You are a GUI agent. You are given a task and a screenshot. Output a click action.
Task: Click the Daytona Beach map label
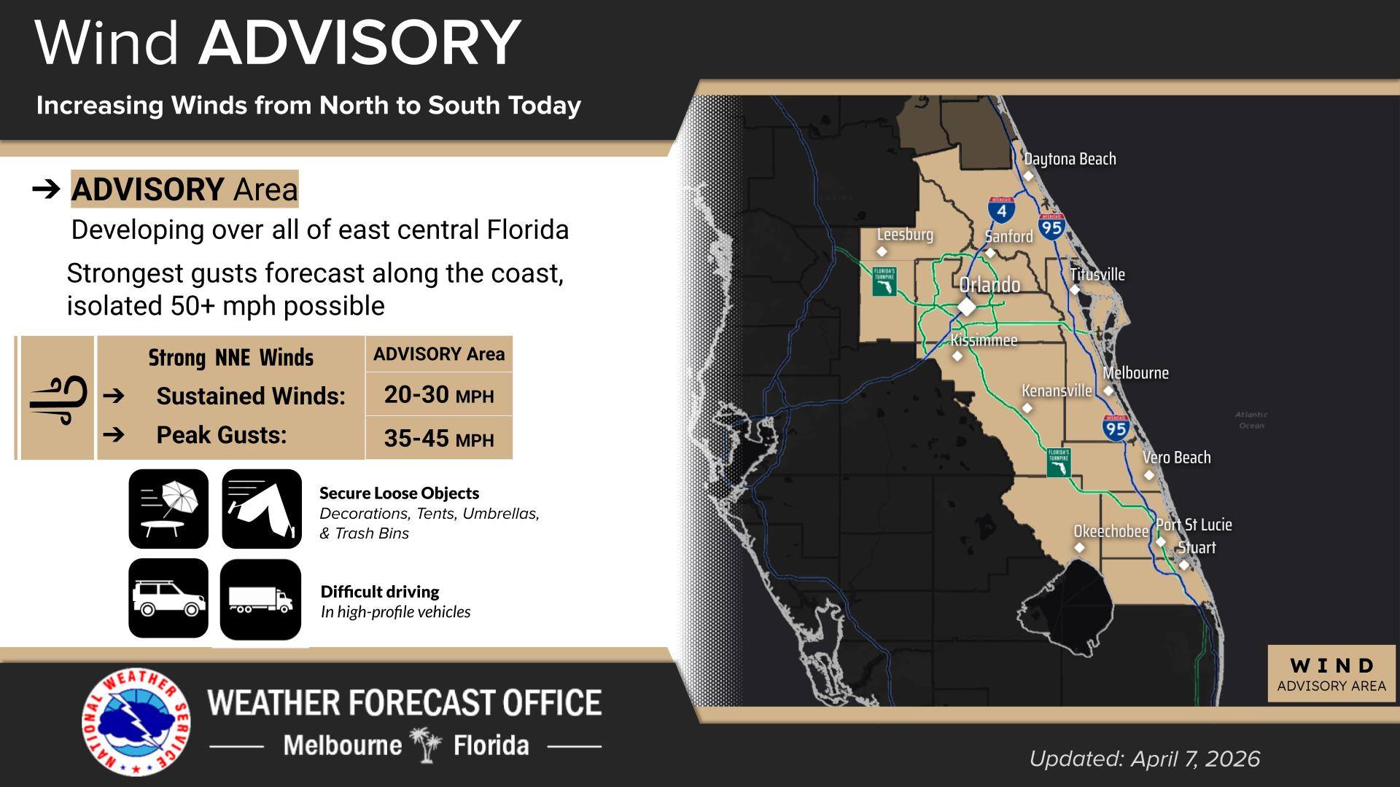(x=1070, y=159)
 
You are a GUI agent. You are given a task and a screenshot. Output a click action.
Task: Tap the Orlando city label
(x=989, y=285)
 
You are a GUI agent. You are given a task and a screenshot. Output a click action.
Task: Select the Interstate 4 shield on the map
(x=1001, y=210)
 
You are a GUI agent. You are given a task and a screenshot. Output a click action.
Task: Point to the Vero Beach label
(x=1176, y=458)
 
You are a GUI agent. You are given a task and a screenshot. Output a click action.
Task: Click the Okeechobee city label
(x=1111, y=531)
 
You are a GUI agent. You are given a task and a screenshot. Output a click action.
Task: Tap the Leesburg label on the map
(x=905, y=235)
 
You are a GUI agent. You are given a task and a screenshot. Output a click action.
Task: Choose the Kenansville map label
(x=1057, y=391)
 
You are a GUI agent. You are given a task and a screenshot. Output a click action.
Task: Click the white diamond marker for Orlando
(x=967, y=307)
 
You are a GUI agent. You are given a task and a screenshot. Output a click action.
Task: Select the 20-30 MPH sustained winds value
(x=438, y=395)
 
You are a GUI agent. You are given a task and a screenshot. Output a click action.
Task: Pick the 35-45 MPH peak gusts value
(x=438, y=439)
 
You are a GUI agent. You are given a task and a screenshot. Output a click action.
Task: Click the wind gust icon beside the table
(x=58, y=399)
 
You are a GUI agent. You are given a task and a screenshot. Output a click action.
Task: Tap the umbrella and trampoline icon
(x=168, y=509)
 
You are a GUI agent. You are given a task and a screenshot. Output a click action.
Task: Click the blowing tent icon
(x=262, y=509)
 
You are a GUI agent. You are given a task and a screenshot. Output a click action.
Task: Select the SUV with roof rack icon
(x=168, y=598)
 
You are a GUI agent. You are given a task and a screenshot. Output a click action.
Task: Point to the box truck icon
(x=260, y=600)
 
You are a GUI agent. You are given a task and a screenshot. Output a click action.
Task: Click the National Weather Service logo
(x=136, y=721)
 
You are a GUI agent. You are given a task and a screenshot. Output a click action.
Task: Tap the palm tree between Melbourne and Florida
(x=427, y=745)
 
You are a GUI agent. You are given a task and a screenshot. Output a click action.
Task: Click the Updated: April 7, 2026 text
(x=1144, y=759)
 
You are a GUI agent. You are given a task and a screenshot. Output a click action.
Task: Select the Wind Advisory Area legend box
(x=1331, y=674)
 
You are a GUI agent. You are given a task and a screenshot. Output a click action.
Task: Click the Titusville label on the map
(x=1097, y=275)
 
